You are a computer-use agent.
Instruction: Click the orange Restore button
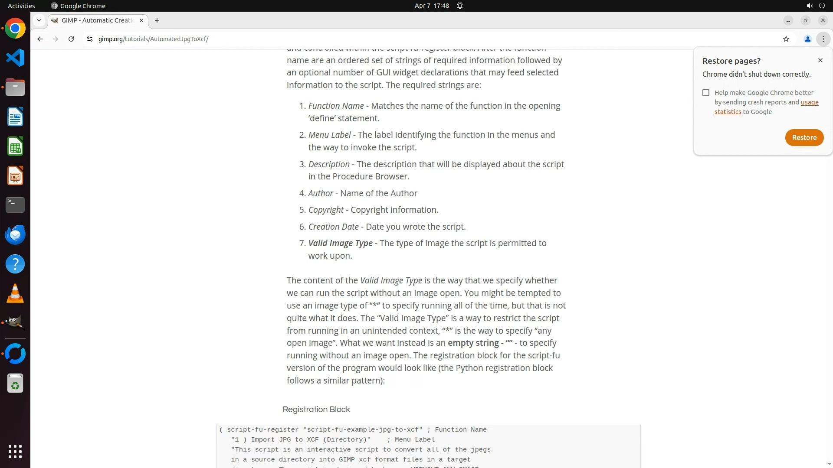(x=804, y=137)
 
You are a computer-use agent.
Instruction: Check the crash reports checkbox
(x=706, y=93)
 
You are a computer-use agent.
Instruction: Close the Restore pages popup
(x=820, y=60)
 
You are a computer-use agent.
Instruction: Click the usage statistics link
(x=809, y=103)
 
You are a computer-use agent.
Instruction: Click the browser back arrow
(x=40, y=39)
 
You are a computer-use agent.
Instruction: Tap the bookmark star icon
(x=786, y=39)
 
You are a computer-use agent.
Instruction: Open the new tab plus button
(x=157, y=20)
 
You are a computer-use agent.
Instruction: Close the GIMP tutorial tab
(x=141, y=20)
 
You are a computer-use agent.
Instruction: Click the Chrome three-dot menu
(x=823, y=39)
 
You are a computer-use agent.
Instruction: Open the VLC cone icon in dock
(x=15, y=293)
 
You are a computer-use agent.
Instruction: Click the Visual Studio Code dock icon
(x=15, y=58)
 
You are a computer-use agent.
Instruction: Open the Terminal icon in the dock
(x=15, y=205)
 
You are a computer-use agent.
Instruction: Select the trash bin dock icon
(x=15, y=383)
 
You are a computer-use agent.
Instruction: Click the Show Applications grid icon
(x=15, y=451)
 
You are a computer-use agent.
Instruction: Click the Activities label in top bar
(x=21, y=6)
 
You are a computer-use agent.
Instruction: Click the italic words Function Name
(x=336, y=106)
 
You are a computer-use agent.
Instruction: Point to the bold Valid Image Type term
(x=340, y=244)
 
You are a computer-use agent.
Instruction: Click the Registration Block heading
(x=316, y=409)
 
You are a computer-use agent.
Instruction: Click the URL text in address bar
(x=153, y=39)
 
